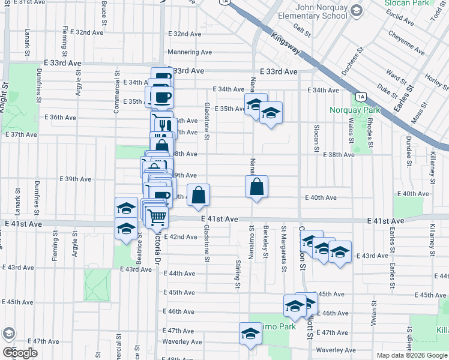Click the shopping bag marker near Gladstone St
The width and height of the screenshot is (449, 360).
point(199,194)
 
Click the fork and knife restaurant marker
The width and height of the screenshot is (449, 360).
point(163,124)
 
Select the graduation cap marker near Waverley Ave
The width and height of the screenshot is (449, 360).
point(250,334)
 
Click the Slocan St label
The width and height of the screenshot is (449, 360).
point(316,138)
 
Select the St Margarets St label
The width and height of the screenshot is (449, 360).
point(282,239)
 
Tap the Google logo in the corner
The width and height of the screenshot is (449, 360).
point(20,353)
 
